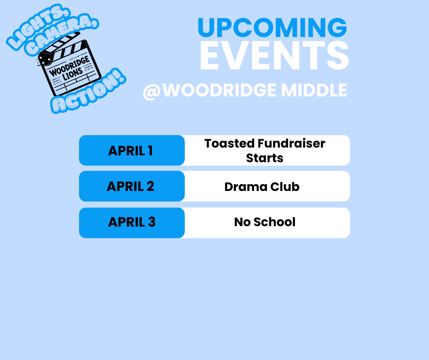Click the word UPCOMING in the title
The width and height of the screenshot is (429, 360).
pyautogui.click(x=272, y=28)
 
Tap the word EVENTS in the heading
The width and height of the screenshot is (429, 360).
pyautogui.click(x=274, y=57)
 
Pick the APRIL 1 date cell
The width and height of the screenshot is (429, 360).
pyautogui.click(x=131, y=150)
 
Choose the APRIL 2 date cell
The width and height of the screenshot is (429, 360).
pyautogui.click(x=131, y=186)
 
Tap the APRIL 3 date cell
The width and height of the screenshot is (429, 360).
pyautogui.click(x=131, y=222)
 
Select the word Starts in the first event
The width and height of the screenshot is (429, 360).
pyautogui.click(x=265, y=158)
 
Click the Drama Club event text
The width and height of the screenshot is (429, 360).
pyautogui.click(x=262, y=186)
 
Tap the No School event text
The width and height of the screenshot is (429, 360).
pyautogui.click(x=265, y=222)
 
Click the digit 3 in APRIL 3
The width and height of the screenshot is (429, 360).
pyautogui.click(x=152, y=222)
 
